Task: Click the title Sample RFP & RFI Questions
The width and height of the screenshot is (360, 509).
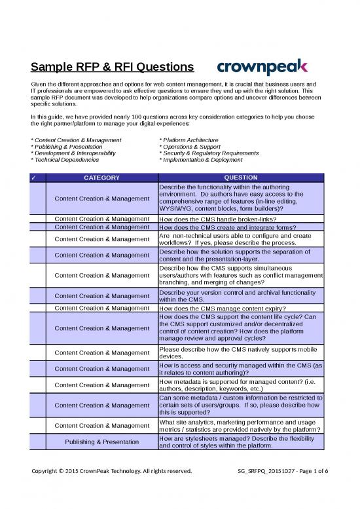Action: pos(112,67)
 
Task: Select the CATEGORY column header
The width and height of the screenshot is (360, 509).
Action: pos(101,178)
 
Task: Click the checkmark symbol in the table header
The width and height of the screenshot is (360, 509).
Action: pos(38,178)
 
